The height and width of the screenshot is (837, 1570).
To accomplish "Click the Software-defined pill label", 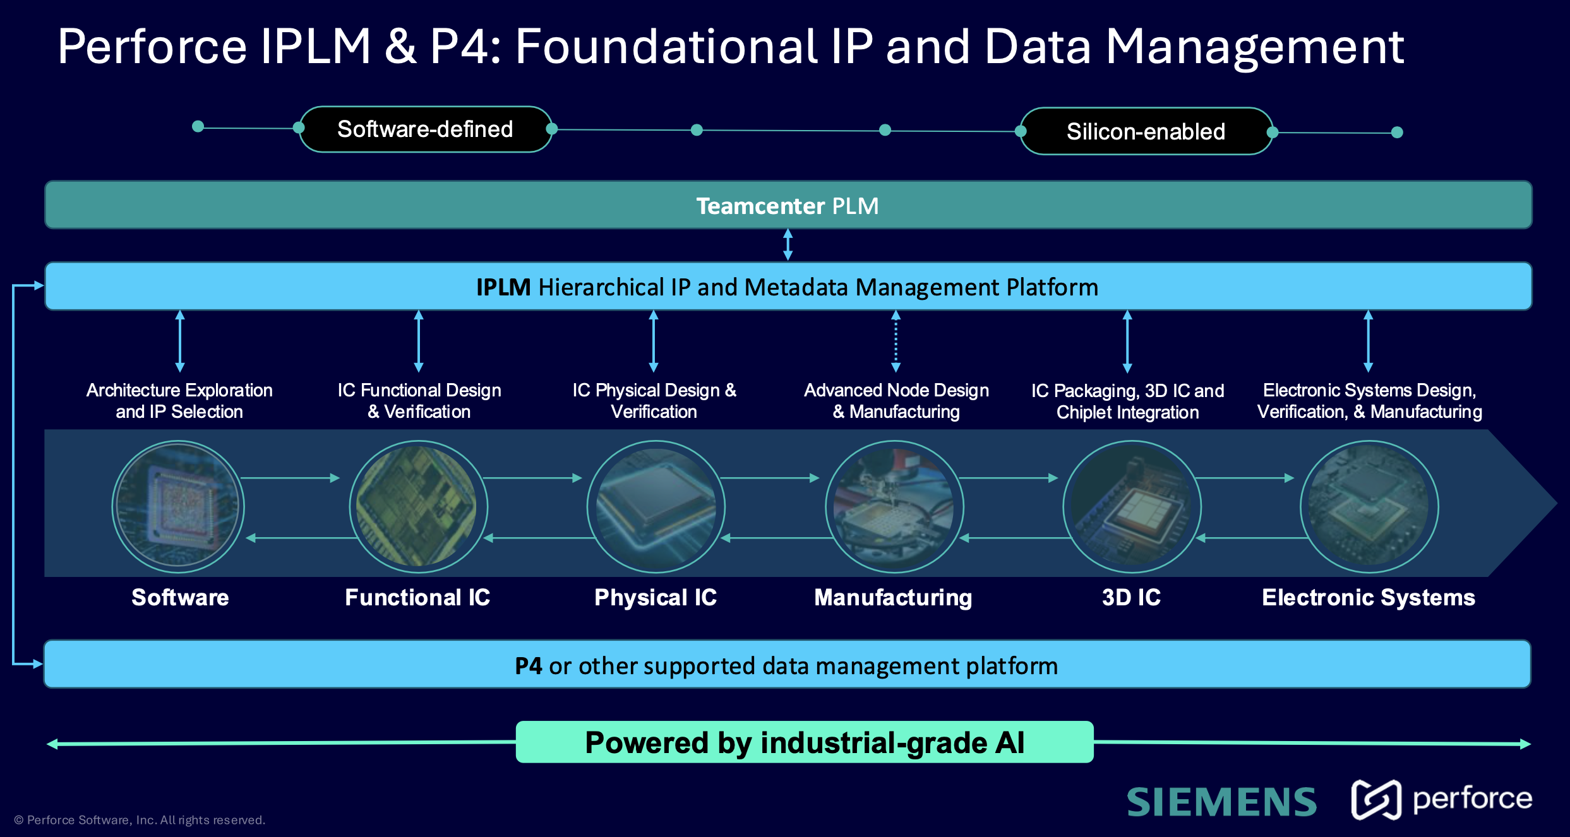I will [425, 129].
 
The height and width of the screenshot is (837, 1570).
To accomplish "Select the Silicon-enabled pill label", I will [1146, 131].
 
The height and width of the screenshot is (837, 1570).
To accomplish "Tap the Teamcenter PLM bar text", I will [787, 206].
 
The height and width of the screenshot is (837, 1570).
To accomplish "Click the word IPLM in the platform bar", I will [503, 287].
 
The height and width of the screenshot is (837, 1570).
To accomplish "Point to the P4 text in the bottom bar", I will [528, 666].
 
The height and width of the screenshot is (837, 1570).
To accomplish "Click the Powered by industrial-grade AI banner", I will [804, 742].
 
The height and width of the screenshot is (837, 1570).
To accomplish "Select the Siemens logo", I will [1221, 802].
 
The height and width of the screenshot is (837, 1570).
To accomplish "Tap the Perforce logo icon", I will [1375, 799].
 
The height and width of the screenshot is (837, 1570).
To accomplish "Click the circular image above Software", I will [178, 507].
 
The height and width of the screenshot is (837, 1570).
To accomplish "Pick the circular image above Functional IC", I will [417, 507].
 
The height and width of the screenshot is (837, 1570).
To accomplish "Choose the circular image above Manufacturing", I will [894, 507].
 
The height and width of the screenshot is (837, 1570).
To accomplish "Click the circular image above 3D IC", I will [1132, 507].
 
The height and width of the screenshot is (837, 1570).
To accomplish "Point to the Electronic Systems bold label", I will [1368, 597].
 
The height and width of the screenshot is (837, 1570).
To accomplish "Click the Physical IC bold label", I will [656, 597].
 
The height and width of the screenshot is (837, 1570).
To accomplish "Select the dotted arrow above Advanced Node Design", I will [896, 341].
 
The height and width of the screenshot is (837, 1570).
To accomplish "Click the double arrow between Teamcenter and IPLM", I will [788, 245].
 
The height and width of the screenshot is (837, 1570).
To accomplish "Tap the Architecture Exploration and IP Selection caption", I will [179, 401].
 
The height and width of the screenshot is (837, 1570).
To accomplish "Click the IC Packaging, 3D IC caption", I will [1127, 401].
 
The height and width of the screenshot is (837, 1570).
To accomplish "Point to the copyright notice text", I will [140, 820].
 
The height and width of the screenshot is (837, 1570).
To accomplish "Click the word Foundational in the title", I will [666, 47].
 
